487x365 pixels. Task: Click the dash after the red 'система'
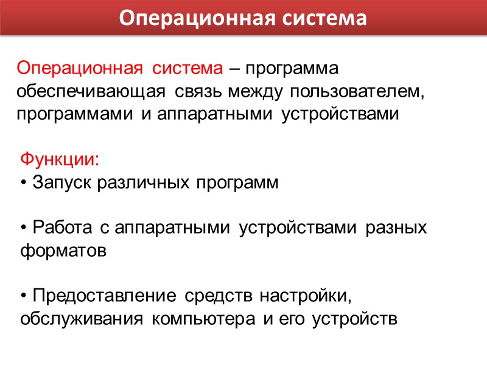tap(234, 69)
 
